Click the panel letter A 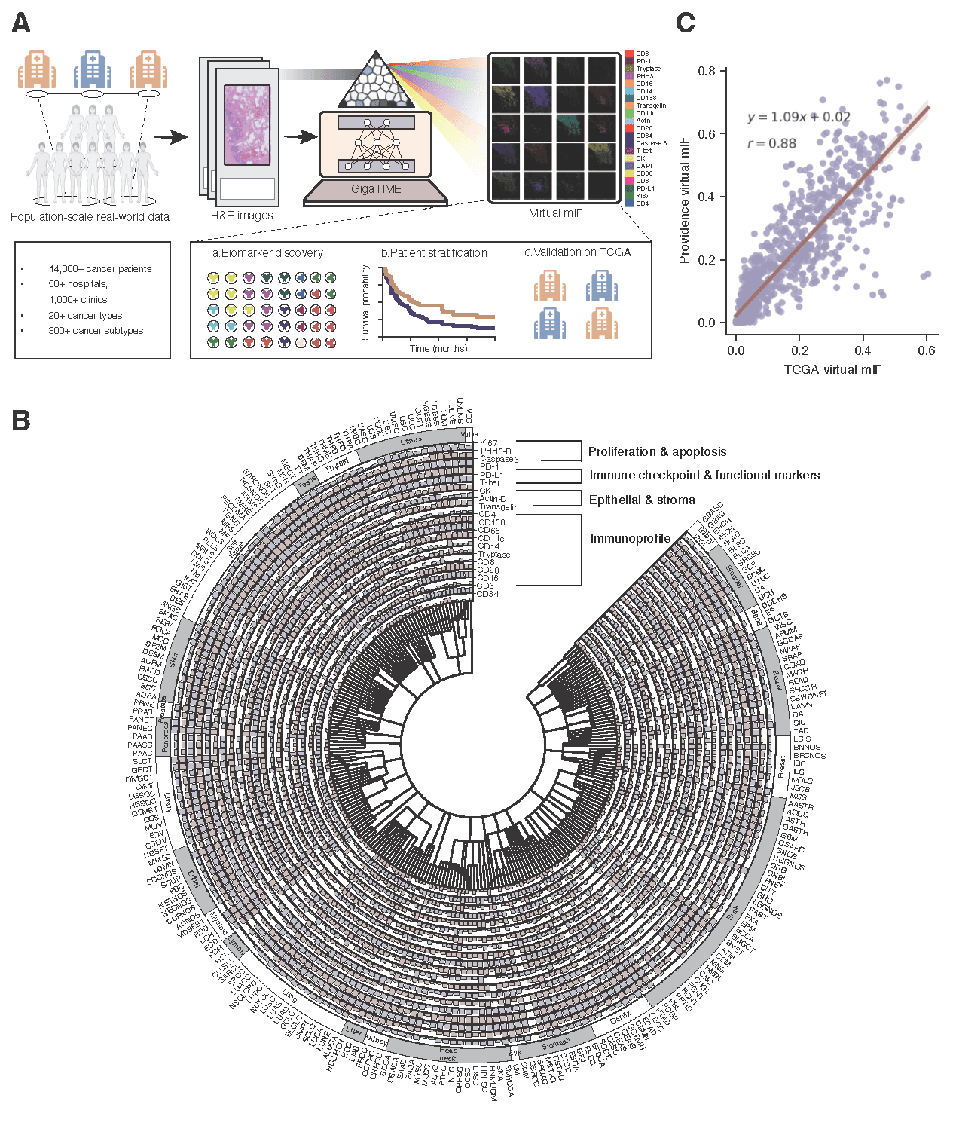pyautogui.click(x=21, y=23)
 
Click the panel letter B pyautogui.click(x=21, y=420)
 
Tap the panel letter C pyautogui.click(x=685, y=23)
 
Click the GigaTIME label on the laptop pyautogui.click(x=376, y=189)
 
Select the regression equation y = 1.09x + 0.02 pyautogui.click(x=799, y=117)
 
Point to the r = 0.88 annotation pyautogui.click(x=771, y=143)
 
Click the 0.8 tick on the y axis pyautogui.click(x=707, y=71)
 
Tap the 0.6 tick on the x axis pyautogui.click(x=927, y=350)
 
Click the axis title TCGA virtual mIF pyautogui.click(x=832, y=369)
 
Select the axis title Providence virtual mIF pyautogui.click(x=684, y=200)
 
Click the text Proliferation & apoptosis pyautogui.click(x=657, y=451)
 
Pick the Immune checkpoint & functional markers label pyautogui.click(x=704, y=475)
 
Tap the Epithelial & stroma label pyautogui.click(x=642, y=500)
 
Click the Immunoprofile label pyautogui.click(x=631, y=538)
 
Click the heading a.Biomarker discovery pyautogui.click(x=267, y=253)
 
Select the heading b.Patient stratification pyautogui.click(x=434, y=253)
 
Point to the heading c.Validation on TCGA pyautogui.click(x=578, y=252)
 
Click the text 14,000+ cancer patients pyautogui.click(x=100, y=269)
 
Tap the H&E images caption pyautogui.click(x=242, y=216)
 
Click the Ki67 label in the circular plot pyautogui.click(x=488, y=443)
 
